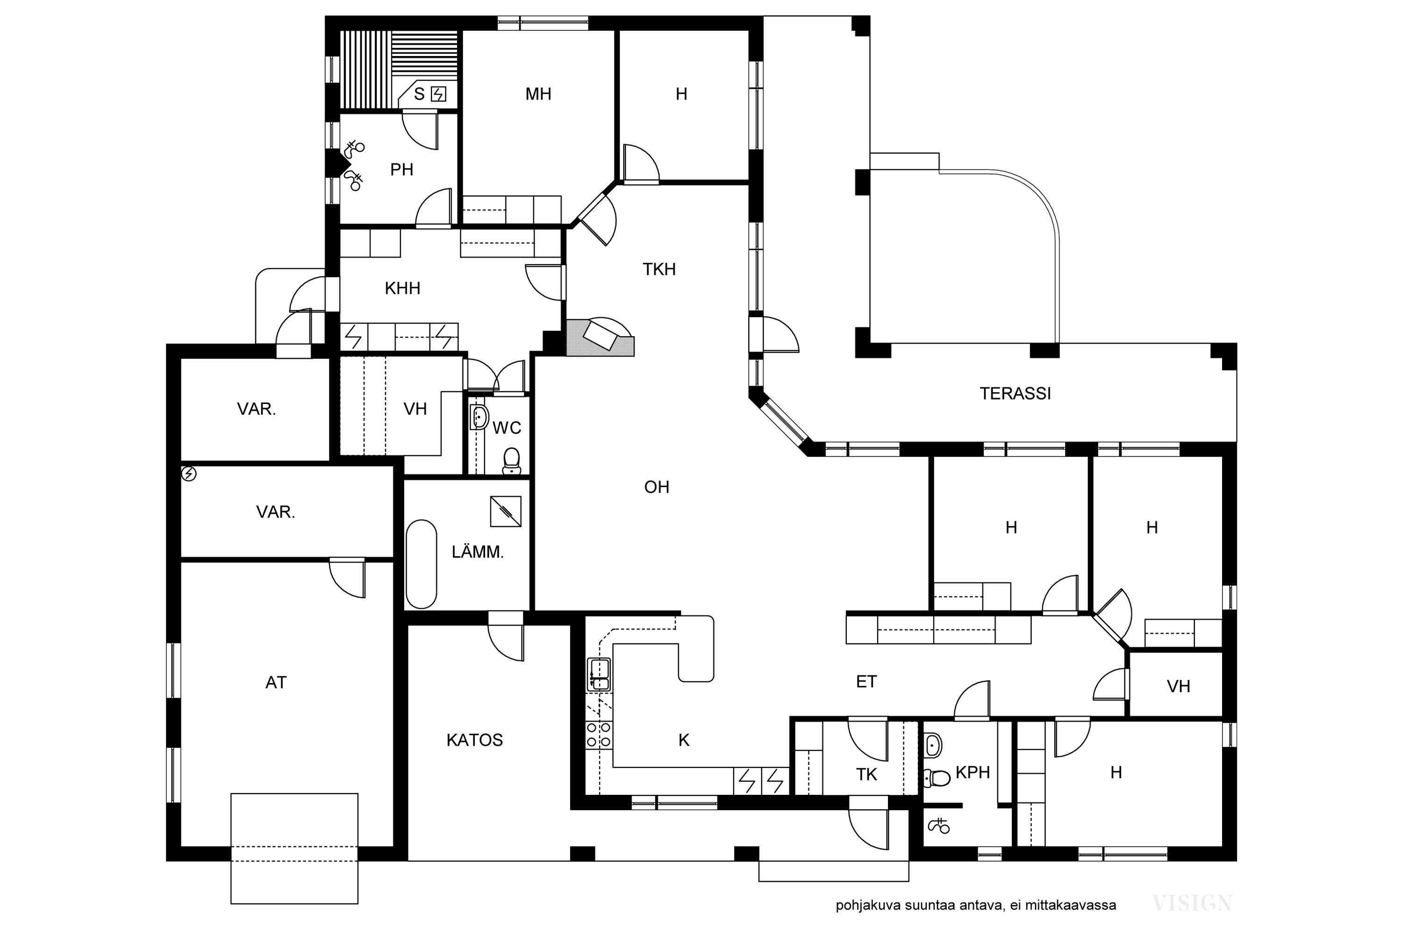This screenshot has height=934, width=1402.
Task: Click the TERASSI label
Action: tap(1015, 394)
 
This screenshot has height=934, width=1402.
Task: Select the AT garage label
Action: tap(276, 683)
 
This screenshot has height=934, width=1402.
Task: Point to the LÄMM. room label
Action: tap(478, 552)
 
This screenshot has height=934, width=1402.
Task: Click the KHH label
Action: tap(402, 288)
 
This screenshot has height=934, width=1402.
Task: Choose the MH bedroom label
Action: tap(538, 94)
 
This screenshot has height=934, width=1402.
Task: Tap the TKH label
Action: tap(659, 269)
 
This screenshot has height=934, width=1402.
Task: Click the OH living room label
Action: tap(657, 487)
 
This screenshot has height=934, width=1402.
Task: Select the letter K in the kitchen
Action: tap(684, 740)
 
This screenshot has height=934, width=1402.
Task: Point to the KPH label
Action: tap(973, 772)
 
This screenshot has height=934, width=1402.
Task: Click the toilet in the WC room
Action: tap(511, 460)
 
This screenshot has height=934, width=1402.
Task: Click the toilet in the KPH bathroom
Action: tap(936, 778)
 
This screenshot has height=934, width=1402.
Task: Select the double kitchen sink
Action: tap(599, 674)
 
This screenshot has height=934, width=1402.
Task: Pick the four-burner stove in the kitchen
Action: tap(599, 735)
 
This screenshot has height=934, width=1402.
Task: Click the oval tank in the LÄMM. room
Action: tap(422, 565)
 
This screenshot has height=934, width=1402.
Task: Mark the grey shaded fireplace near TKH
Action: tap(600, 338)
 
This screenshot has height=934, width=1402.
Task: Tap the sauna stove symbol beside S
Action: tap(438, 94)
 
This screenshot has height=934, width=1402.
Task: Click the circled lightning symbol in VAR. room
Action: tap(189, 474)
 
